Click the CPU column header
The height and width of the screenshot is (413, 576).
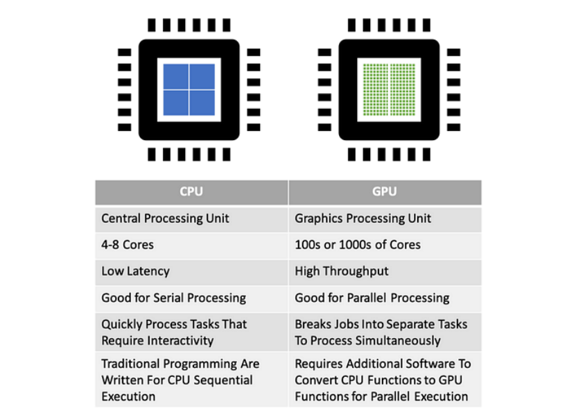point(191,192)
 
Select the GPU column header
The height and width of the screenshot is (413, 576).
point(385,192)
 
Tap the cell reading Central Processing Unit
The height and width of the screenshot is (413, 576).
point(191,219)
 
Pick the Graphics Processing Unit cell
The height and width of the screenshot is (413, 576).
point(385,219)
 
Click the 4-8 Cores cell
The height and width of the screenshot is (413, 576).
point(191,246)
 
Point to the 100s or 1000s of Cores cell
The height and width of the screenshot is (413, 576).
point(385,246)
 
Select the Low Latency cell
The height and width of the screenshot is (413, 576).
point(191,272)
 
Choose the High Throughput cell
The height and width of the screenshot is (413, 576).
point(385,272)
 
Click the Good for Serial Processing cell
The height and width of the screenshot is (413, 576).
point(191,298)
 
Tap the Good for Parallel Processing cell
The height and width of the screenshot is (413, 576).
point(385,298)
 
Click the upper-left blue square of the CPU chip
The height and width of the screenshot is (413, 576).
point(175,76)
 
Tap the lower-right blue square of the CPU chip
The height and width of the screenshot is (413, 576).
point(202,103)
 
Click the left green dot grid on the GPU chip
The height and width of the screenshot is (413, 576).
point(376,90)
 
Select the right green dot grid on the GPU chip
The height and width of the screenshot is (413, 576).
point(403,90)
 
